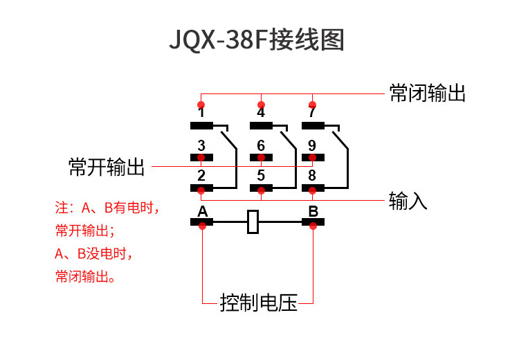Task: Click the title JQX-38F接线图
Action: coord(257,39)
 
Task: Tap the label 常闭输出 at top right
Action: coord(428,93)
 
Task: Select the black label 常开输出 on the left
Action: coord(107,167)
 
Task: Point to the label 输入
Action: coord(408,200)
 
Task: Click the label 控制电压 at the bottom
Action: coord(259,303)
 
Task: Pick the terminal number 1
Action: coord(201,112)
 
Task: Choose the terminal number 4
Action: coord(261,112)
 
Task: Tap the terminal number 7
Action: coord(312,112)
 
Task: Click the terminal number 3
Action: coord(201,145)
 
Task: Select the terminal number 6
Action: coord(261,145)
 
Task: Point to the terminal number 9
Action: coord(312,145)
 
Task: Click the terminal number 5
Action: coord(261,176)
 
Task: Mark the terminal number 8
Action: coord(312,176)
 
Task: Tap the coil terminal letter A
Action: coord(203,211)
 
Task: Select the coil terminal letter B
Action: coord(313,211)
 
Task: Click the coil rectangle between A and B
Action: coord(253,222)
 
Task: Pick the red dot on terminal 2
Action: coord(201,190)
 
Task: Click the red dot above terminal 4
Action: coord(261,105)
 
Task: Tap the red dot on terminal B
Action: coord(313,226)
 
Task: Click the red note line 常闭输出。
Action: coord(85,276)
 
